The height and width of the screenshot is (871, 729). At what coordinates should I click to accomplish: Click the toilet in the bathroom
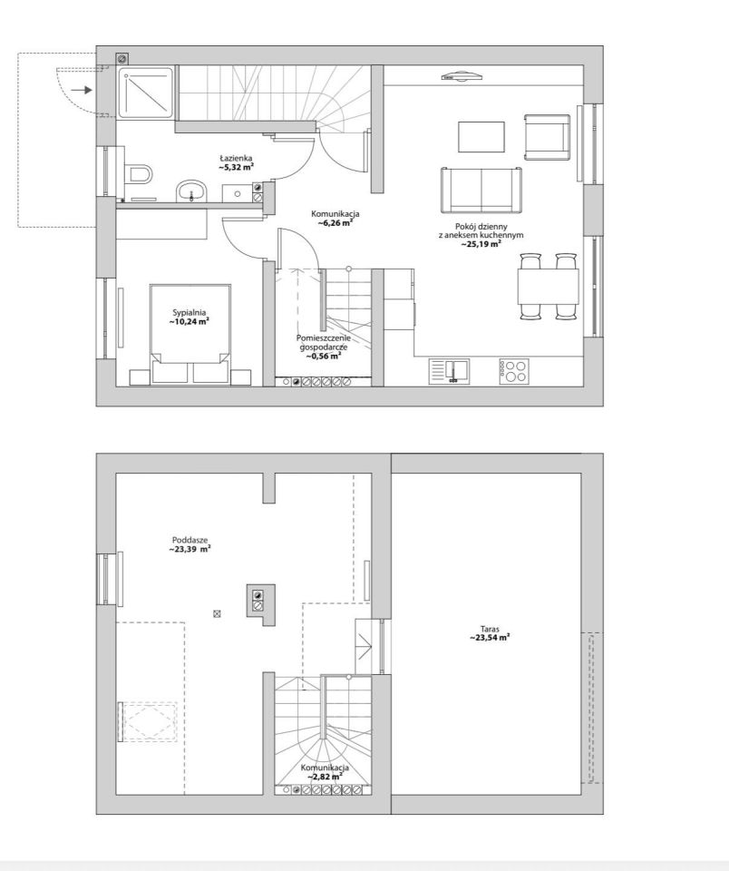[x=138, y=173]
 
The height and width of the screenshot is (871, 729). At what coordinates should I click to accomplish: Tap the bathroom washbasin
[x=191, y=191]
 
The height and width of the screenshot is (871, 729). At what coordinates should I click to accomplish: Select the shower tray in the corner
[x=145, y=93]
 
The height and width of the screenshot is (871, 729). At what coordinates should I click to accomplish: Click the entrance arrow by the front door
[x=82, y=90]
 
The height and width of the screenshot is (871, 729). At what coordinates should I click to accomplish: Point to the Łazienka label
[x=236, y=158]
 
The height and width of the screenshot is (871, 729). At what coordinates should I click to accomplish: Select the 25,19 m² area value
[x=481, y=243]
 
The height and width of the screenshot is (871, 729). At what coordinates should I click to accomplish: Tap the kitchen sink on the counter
[x=449, y=371]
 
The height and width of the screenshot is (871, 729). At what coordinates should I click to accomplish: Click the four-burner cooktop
[x=513, y=371]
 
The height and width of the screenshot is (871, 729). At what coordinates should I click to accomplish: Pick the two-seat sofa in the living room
[x=481, y=190]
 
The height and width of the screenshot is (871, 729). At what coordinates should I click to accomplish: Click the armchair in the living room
[x=547, y=137]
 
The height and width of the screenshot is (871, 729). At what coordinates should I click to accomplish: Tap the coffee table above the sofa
[x=481, y=137]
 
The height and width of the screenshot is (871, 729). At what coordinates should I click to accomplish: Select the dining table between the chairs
[x=548, y=286]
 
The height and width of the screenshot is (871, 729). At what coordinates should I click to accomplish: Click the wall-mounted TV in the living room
[x=461, y=76]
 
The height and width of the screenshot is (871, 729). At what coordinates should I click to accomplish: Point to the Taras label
[x=490, y=630]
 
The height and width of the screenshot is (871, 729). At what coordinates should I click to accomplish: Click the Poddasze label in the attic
[x=190, y=540]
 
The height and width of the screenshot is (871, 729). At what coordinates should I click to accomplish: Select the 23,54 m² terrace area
[x=489, y=638]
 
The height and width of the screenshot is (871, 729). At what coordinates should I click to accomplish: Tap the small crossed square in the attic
[x=217, y=614]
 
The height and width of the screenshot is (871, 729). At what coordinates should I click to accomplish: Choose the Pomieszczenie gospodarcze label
[x=324, y=342]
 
